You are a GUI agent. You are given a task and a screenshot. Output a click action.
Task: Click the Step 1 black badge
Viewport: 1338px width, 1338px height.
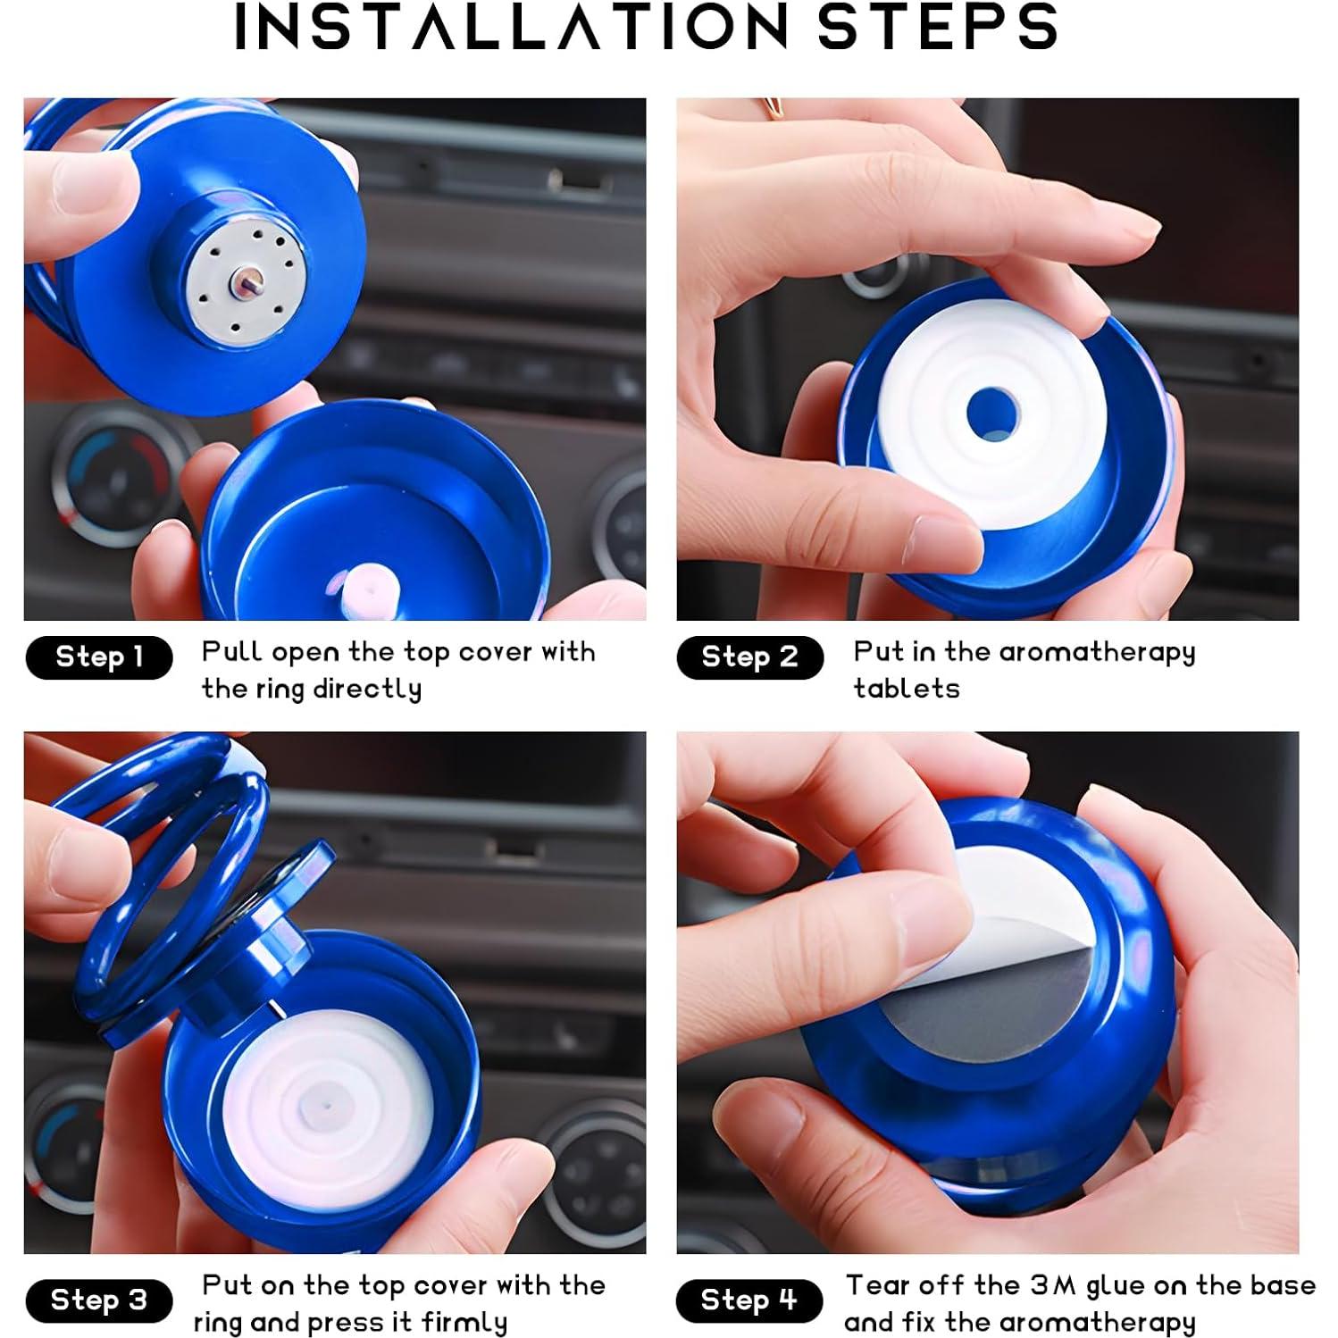click(x=98, y=657)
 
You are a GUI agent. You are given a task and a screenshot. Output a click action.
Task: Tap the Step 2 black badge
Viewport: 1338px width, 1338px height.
click(x=749, y=657)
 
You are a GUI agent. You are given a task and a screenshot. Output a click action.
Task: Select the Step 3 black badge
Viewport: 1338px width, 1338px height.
click(x=98, y=1300)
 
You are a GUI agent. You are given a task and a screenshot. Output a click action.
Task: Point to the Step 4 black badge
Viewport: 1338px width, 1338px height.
click(x=748, y=1300)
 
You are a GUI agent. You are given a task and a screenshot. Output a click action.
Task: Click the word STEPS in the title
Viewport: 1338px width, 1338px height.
click(x=938, y=27)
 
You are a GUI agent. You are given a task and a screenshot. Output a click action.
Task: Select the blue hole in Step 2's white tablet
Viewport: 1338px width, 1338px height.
click(x=992, y=414)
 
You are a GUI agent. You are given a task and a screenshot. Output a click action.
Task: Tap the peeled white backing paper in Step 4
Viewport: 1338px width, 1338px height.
click(x=1009, y=902)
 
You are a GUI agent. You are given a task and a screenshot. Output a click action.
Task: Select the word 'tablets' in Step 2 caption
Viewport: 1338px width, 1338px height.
click(x=906, y=689)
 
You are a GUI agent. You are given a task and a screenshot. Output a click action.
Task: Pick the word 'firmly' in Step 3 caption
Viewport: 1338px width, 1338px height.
click(x=464, y=1322)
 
